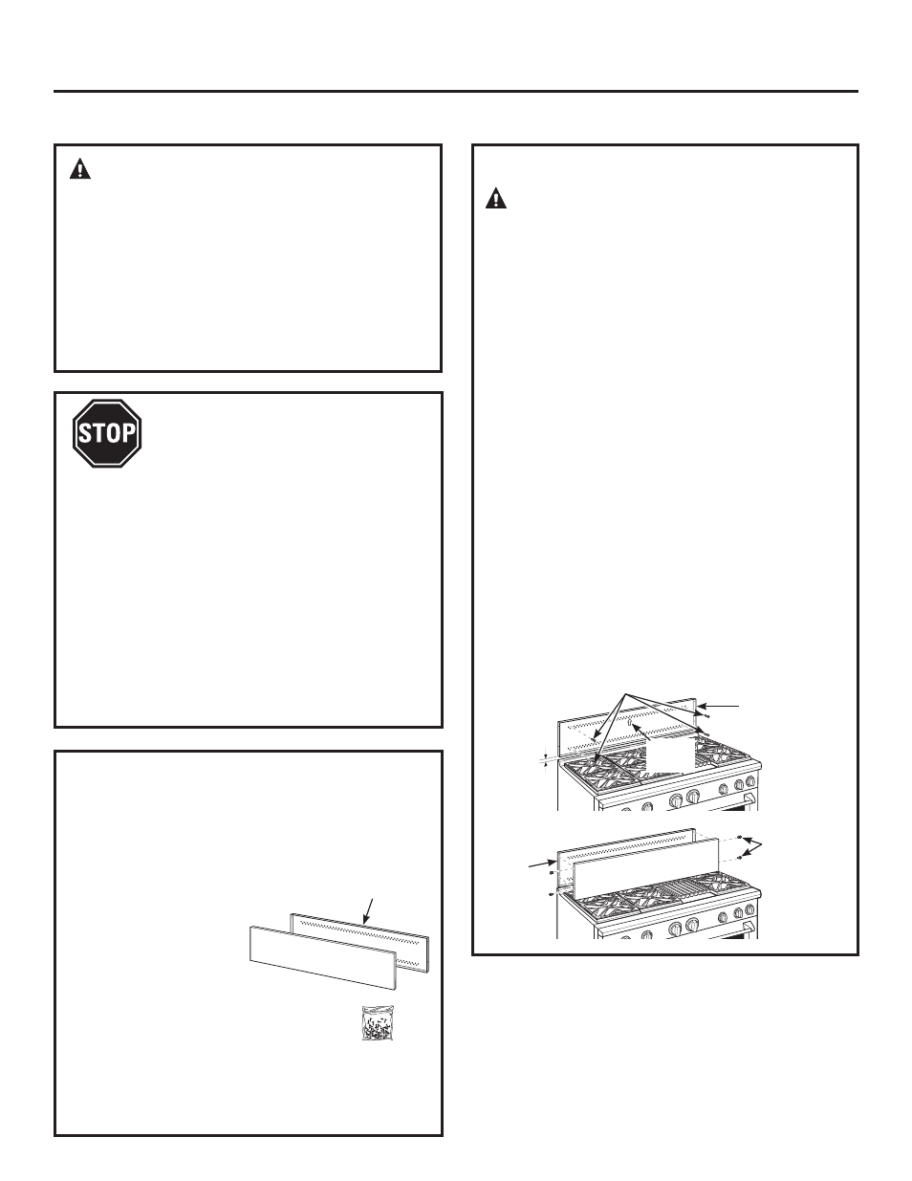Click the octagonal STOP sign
(x=107, y=433)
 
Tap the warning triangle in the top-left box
(x=80, y=168)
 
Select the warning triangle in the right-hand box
(x=496, y=198)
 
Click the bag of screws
(x=378, y=1023)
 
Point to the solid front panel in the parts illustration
(x=323, y=957)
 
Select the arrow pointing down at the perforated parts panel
(x=368, y=911)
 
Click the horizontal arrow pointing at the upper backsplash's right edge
(x=718, y=706)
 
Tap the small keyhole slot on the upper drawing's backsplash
(x=628, y=724)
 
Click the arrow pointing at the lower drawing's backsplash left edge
(x=542, y=863)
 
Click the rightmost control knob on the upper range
(x=749, y=782)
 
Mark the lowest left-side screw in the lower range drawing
(x=553, y=894)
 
